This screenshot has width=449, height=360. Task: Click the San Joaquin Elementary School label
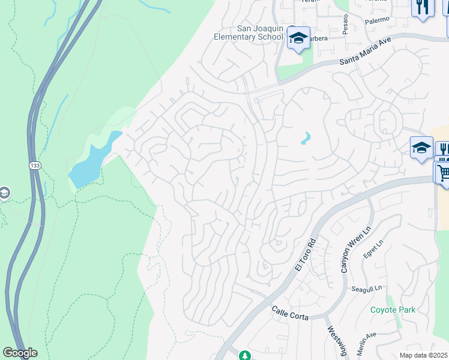pos(249,32)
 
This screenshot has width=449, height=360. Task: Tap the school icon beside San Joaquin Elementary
pos(298,38)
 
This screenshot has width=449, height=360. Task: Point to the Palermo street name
pos(377,20)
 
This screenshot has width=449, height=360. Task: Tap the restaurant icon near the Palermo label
pos(423,8)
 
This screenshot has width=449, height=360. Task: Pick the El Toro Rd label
pos(305,255)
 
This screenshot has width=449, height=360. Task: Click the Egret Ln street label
pos(372,247)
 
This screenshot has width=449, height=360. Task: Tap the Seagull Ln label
pos(366,289)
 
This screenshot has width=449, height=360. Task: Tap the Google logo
pos(20,353)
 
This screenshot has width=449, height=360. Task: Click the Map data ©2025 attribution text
pos(424,355)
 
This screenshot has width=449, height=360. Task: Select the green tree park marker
pos(244,356)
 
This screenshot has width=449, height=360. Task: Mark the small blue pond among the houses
pos(306,139)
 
